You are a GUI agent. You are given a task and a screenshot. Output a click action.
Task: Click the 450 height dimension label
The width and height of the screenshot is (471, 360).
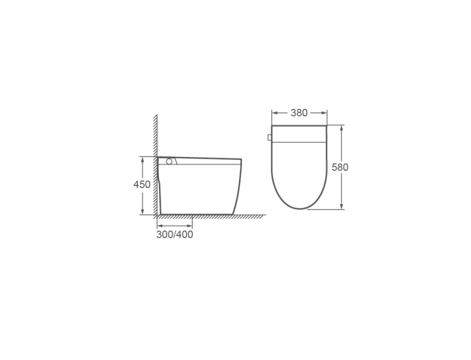coord(142,184)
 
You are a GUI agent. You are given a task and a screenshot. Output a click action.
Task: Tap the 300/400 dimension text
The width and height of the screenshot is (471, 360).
coord(174,235)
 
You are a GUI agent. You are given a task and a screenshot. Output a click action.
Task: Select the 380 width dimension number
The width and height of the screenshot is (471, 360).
coord(299,113)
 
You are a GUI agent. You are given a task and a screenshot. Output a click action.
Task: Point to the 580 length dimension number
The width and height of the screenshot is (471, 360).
coord(340,167)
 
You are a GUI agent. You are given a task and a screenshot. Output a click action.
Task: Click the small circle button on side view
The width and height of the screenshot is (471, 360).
coord(169,161)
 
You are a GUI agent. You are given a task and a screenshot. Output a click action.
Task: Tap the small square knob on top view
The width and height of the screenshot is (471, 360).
coord(270,138)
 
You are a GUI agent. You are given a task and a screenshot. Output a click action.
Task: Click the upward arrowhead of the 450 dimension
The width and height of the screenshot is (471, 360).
coord(142,159)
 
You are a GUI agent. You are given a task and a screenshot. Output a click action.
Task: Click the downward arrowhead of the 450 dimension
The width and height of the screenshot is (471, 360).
coord(142,212)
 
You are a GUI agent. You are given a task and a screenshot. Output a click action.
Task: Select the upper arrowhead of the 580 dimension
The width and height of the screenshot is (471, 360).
coord(341,128)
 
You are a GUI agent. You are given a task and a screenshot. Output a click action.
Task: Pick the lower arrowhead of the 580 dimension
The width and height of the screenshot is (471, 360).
coord(341,206)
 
